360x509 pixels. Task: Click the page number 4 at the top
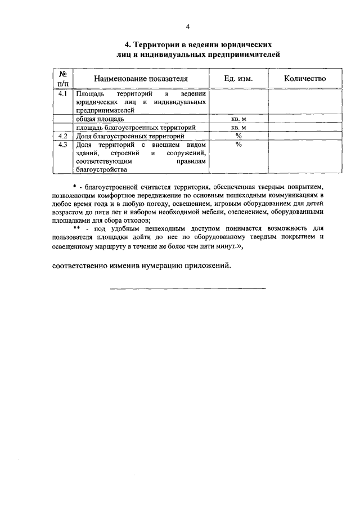coord(188,27)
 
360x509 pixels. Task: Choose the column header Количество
coord(305,79)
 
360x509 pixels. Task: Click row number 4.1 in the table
coord(64,94)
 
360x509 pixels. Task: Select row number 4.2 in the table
coord(64,136)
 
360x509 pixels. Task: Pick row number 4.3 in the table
coord(64,144)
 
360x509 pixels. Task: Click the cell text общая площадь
coord(101,119)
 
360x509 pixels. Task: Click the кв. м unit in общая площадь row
coord(238,119)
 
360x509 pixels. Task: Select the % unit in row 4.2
coord(238,136)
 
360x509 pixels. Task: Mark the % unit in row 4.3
coord(238,144)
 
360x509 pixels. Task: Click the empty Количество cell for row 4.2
coord(304,136)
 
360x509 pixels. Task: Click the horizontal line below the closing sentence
coord(187,289)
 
